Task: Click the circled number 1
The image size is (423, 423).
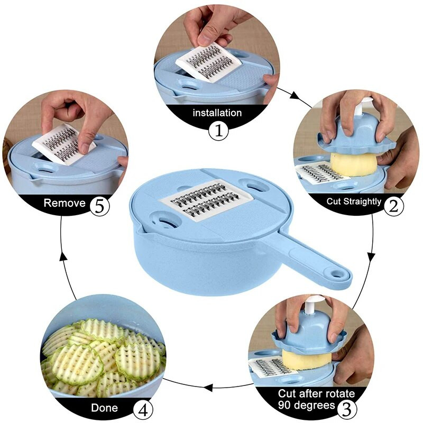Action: pos(218,131)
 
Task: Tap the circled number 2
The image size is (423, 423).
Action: pos(393,206)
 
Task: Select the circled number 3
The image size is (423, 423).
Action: pos(346,409)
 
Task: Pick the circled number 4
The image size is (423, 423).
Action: pos(143,411)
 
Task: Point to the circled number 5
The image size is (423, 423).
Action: pos(99,206)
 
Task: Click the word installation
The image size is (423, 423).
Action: pos(217,113)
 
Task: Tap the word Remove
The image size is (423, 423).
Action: pos(65,203)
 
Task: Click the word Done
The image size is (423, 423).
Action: pos(104,408)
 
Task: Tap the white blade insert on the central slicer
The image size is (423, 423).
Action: pos(207,200)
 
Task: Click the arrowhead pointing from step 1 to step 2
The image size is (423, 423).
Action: pos(295,96)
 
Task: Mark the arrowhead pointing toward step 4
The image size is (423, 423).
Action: pos(208,388)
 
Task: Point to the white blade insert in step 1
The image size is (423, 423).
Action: pos(208,62)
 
